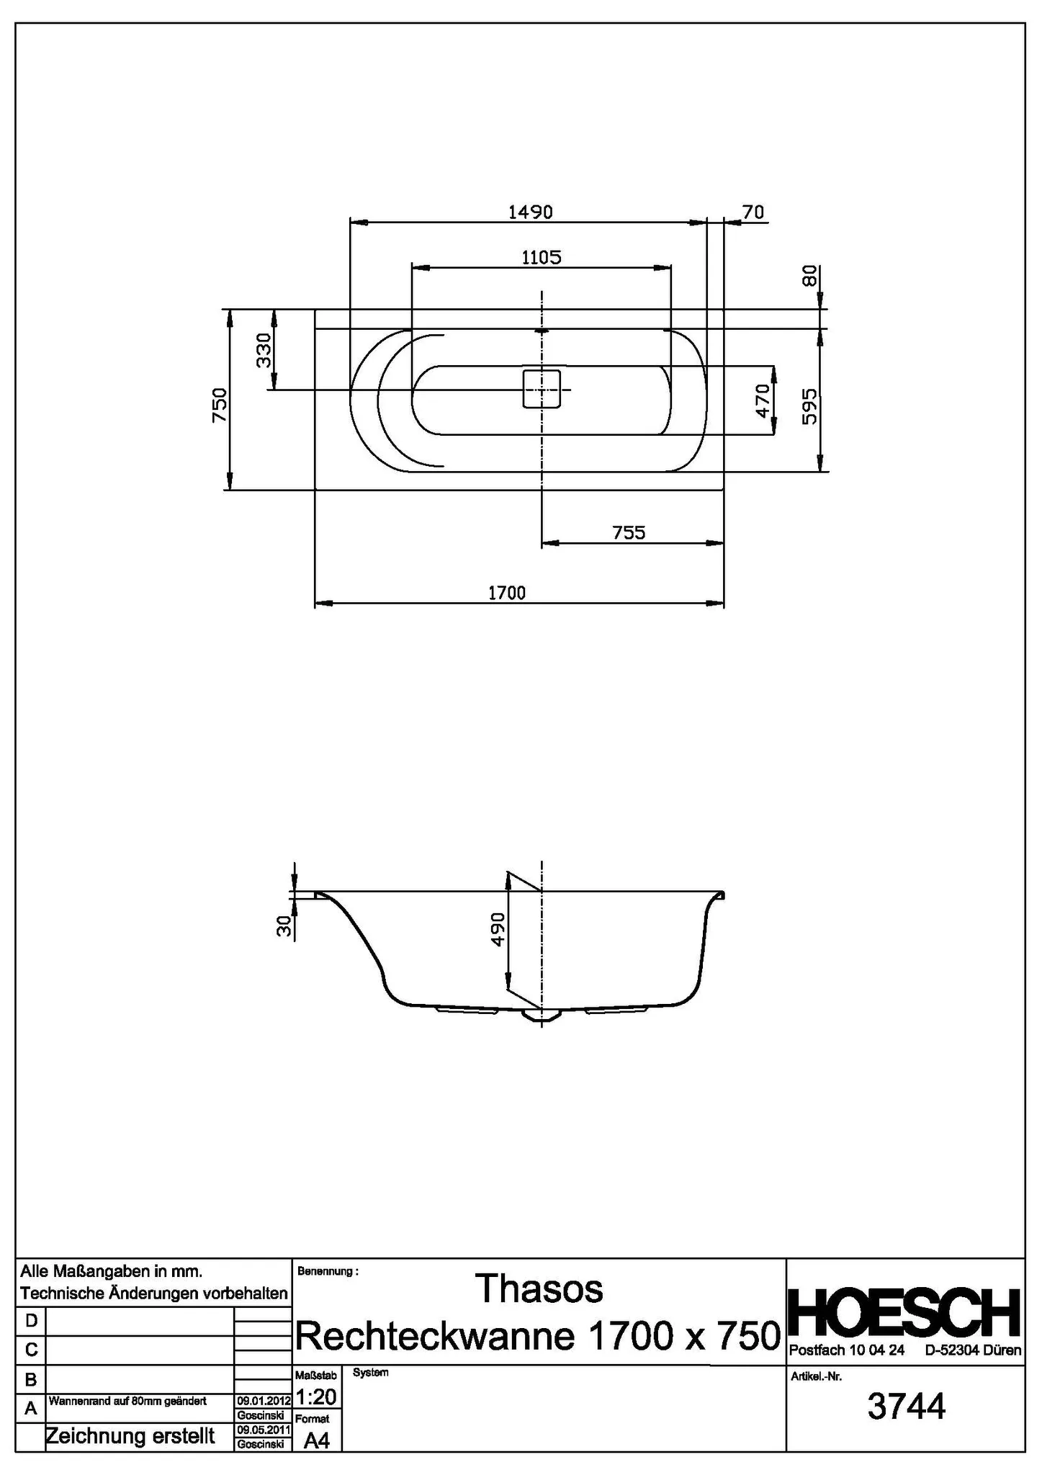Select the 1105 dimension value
pos(541,257)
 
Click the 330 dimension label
pos(264,350)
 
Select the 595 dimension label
pos(809,406)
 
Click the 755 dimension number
pos(629,533)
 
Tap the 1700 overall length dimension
pos(507,593)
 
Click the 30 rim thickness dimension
pos(285,926)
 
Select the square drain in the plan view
pos(541,389)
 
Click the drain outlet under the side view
pos(541,1016)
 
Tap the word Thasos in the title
pos(540,1289)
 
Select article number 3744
pos(906,1407)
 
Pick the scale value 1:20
pos(316,1397)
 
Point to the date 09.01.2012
pos(263,1401)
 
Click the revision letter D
pos(31,1321)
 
